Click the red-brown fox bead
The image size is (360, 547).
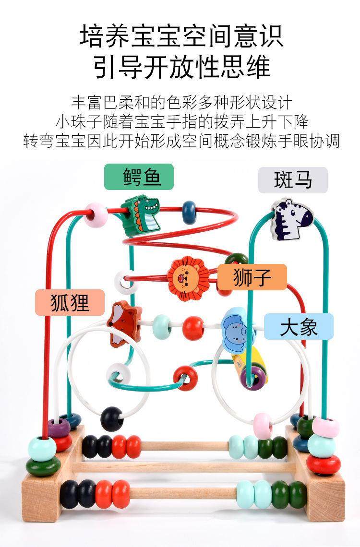[124, 324]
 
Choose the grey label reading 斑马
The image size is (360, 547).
[292, 180]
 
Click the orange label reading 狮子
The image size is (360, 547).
[252, 277]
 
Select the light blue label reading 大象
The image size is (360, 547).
[298, 327]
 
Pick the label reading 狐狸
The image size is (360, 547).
[70, 302]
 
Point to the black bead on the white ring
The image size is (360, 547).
[112, 418]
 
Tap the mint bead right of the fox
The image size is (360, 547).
[162, 327]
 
